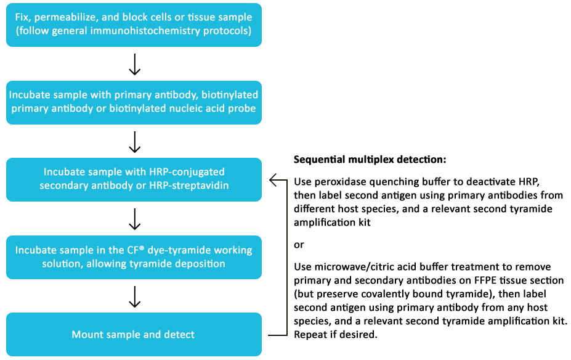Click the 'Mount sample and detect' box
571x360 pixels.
[x=134, y=334]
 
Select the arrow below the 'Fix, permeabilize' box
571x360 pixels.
[x=135, y=64]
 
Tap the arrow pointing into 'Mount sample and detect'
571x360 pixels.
[x=135, y=297]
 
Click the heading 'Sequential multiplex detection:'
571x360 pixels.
[x=370, y=160]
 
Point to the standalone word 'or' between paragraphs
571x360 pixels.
[x=299, y=245]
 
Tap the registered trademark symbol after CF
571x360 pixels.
[x=141, y=247]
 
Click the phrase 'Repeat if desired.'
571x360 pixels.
[x=335, y=335]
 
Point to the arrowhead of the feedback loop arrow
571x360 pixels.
[x=270, y=179]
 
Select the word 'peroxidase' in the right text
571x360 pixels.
[x=340, y=182]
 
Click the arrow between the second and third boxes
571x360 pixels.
[x=135, y=142]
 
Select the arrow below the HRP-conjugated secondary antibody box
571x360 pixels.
[x=135, y=219]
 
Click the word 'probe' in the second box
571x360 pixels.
[x=242, y=108]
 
